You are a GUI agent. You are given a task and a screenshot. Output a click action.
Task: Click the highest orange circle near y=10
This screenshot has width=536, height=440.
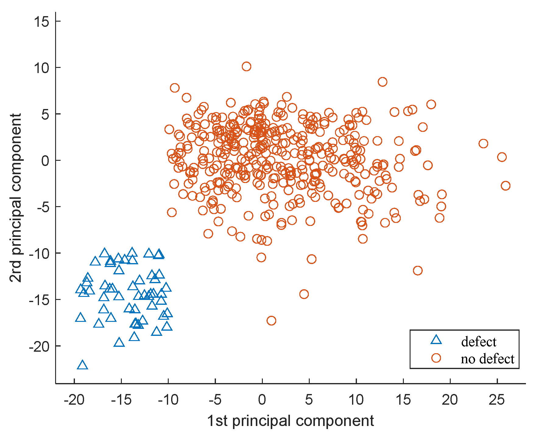coord(246,66)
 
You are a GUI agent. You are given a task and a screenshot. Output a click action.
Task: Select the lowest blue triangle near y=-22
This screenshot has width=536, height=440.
coord(82,365)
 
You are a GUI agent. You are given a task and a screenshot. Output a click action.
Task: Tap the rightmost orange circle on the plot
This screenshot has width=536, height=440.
coord(505,186)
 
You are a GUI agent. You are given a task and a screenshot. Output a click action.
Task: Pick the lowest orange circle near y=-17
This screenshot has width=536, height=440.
coord(271,321)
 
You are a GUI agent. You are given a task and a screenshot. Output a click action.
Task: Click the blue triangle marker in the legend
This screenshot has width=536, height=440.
coord(436,340)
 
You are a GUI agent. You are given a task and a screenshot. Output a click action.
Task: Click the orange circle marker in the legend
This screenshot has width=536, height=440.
coord(436,358)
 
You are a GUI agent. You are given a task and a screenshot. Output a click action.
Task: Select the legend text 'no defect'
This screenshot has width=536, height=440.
coord(487,359)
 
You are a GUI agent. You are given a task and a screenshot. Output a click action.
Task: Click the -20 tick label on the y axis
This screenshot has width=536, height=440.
coord(39,346)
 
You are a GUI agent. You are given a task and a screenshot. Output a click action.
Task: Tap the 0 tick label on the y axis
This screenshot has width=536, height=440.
coord(45,160)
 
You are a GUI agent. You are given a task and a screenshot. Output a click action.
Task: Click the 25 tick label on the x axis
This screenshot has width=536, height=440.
coord(497,400)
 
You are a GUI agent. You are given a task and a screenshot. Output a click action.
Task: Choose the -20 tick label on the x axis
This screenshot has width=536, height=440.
coord(74,400)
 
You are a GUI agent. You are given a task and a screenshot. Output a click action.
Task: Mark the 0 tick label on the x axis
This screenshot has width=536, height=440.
coord(262,400)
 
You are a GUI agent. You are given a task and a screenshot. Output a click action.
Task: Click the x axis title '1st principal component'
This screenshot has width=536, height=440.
coord(290,421)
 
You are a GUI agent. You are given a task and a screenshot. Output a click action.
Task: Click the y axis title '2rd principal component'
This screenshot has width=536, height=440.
coord(16,198)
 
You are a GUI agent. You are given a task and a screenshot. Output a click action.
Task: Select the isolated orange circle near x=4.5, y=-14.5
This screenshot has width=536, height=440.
coord(304,294)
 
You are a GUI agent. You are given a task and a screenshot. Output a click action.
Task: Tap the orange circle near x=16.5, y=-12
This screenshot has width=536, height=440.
coord(418,270)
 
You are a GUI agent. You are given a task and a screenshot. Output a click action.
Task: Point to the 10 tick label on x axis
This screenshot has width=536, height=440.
coord(356,400)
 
